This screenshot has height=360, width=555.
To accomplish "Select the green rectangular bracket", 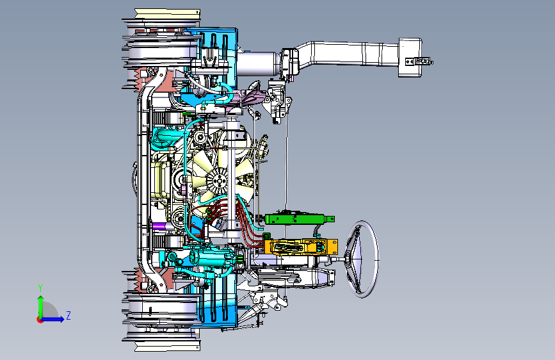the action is (300, 219).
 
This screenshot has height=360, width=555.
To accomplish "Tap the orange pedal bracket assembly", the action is (301, 247).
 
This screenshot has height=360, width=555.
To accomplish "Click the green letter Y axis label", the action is (40, 288).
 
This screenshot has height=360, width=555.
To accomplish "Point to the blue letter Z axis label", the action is (68, 315).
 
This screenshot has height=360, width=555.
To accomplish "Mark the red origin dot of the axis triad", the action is (40, 320).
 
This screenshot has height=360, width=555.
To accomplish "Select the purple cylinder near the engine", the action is (163, 226).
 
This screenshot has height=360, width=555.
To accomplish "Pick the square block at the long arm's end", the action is (410, 58).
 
